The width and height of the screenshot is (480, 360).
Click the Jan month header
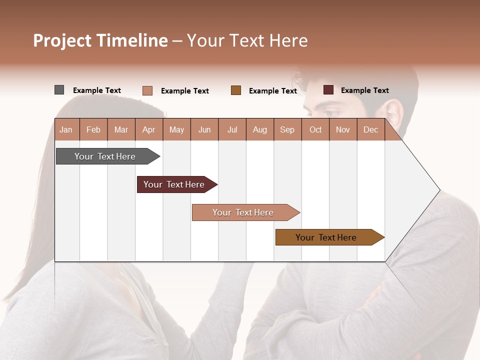coord(66,130)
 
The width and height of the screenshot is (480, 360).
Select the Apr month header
coord(149,130)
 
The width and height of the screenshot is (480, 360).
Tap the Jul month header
coord(232,130)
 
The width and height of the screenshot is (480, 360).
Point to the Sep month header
coord(287,130)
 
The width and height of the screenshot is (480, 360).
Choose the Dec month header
coord(370,130)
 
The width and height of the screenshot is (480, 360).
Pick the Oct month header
coord(315,130)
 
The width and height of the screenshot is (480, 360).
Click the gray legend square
coord(59,90)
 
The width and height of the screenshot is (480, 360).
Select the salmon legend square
coord(147,90)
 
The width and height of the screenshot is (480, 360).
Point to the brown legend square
coord(236,90)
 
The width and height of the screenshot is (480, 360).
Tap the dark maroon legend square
coord(328,90)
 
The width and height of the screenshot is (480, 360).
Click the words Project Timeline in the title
coord(100,40)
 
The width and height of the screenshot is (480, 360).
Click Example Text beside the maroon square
coord(364,90)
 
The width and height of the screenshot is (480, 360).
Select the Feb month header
coord(93,130)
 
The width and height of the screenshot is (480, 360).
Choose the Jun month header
coord(204,130)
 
